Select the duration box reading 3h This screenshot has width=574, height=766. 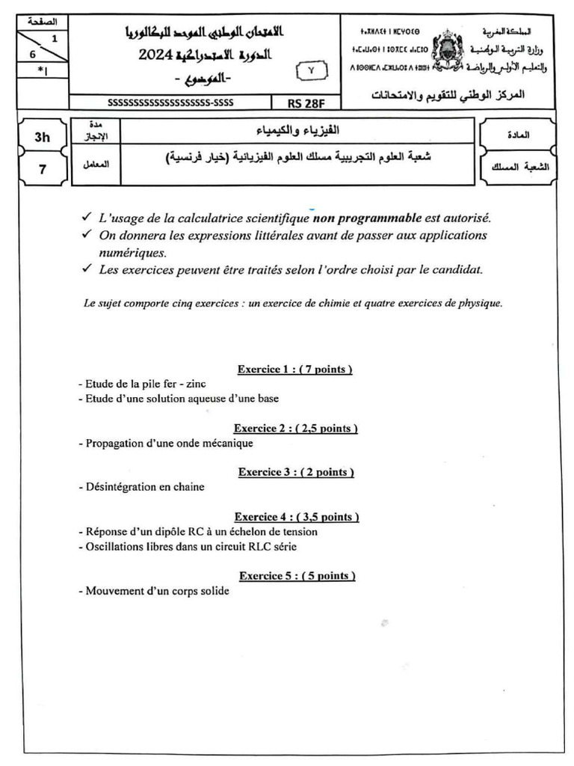tap(42, 137)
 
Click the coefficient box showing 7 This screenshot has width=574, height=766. tap(42, 169)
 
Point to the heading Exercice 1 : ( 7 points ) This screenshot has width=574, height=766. tap(294, 369)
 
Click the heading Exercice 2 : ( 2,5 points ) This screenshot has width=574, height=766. tap(295, 429)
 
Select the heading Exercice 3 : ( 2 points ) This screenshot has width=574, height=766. tap(296, 472)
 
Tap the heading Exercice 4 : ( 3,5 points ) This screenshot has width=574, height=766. tap(296, 517)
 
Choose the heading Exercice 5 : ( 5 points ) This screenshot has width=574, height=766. tap(297, 575)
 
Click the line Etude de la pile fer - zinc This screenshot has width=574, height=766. tap(141, 384)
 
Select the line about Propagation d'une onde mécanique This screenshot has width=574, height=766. tap(165, 443)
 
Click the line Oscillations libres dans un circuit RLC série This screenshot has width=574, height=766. tap(187, 546)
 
